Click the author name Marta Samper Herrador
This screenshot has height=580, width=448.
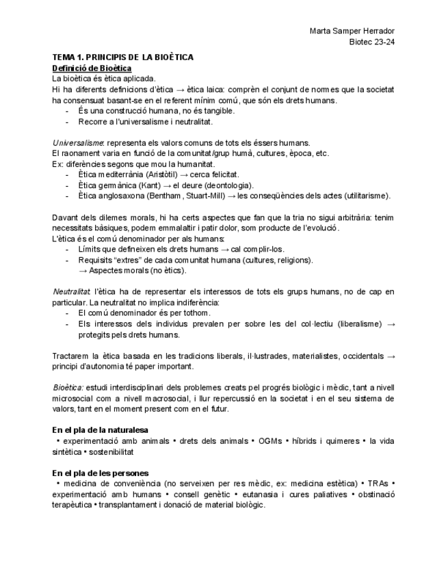[352, 31]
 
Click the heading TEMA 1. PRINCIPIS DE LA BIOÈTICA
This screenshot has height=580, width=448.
[122, 57]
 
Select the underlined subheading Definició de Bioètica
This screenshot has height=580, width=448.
[92, 68]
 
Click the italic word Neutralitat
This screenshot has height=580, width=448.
[71, 292]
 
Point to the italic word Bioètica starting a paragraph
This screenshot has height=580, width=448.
[68, 387]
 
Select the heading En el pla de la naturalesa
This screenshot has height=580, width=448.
[100, 430]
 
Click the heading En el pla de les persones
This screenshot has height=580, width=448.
[101, 473]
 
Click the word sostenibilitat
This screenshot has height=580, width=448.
[111, 452]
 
